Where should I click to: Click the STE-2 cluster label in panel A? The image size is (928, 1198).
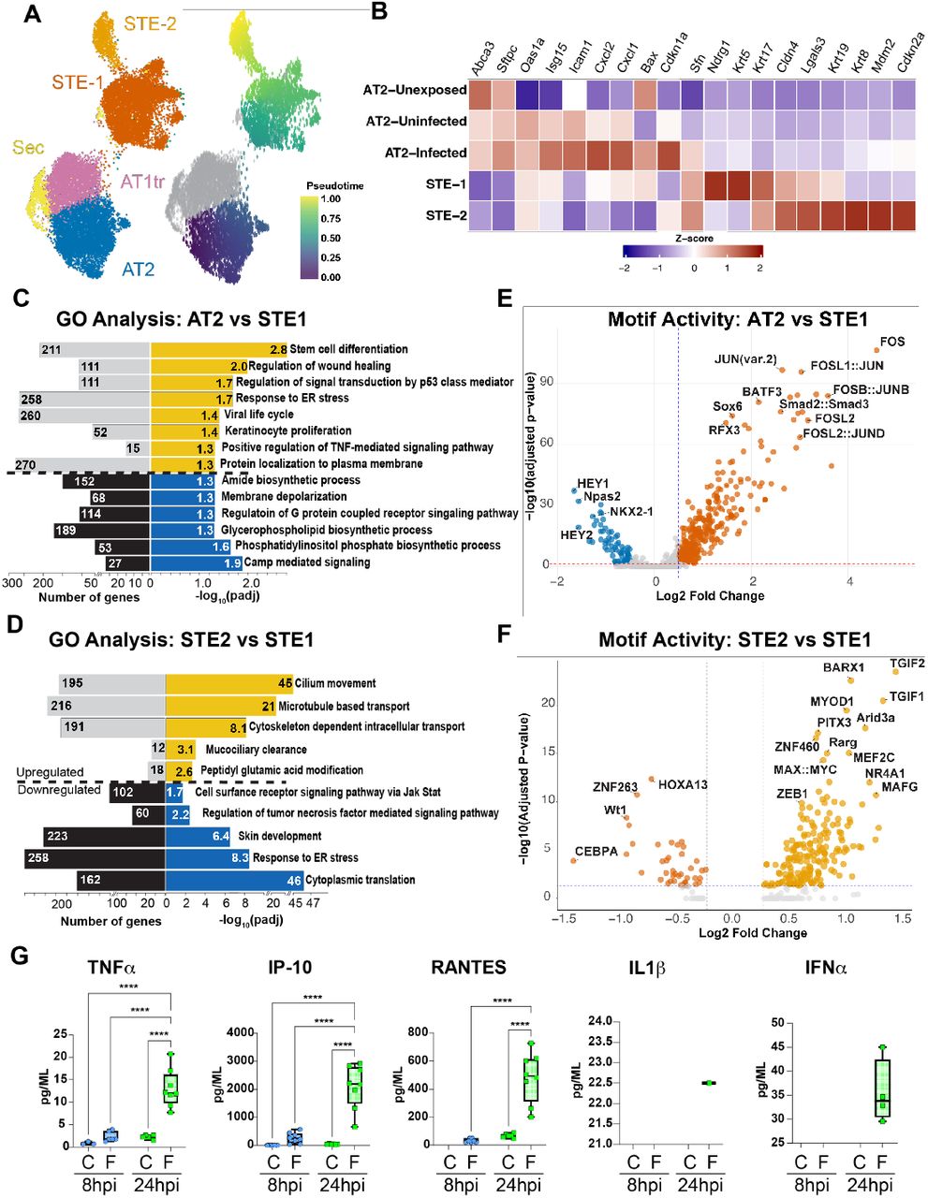click(x=150, y=24)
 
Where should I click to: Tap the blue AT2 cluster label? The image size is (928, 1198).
click(x=138, y=270)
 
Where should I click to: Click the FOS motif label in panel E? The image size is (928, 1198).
click(x=892, y=342)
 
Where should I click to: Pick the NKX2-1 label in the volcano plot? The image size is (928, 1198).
click(x=635, y=513)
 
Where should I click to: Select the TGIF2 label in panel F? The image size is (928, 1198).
click(x=906, y=664)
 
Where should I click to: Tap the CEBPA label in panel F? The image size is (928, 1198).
click(x=597, y=852)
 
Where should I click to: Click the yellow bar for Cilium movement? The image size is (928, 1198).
click(x=228, y=683)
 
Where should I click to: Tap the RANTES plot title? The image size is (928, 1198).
click(x=468, y=968)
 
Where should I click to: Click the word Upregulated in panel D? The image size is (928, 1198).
click(x=50, y=772)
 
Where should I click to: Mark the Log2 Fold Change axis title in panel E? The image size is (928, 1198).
click(x=710, y=596)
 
